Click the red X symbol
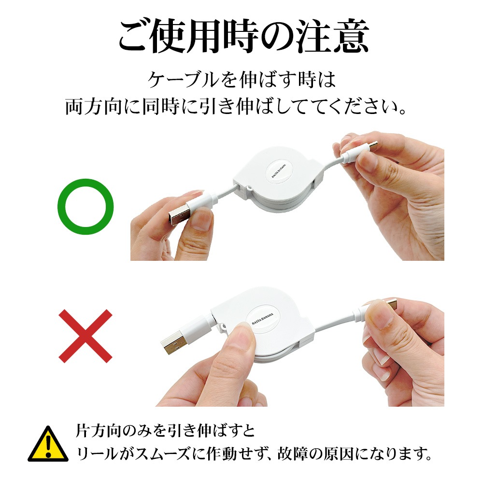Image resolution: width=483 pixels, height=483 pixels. [x=85, y=336]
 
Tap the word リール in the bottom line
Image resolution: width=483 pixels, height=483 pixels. [x=96, y=454]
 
